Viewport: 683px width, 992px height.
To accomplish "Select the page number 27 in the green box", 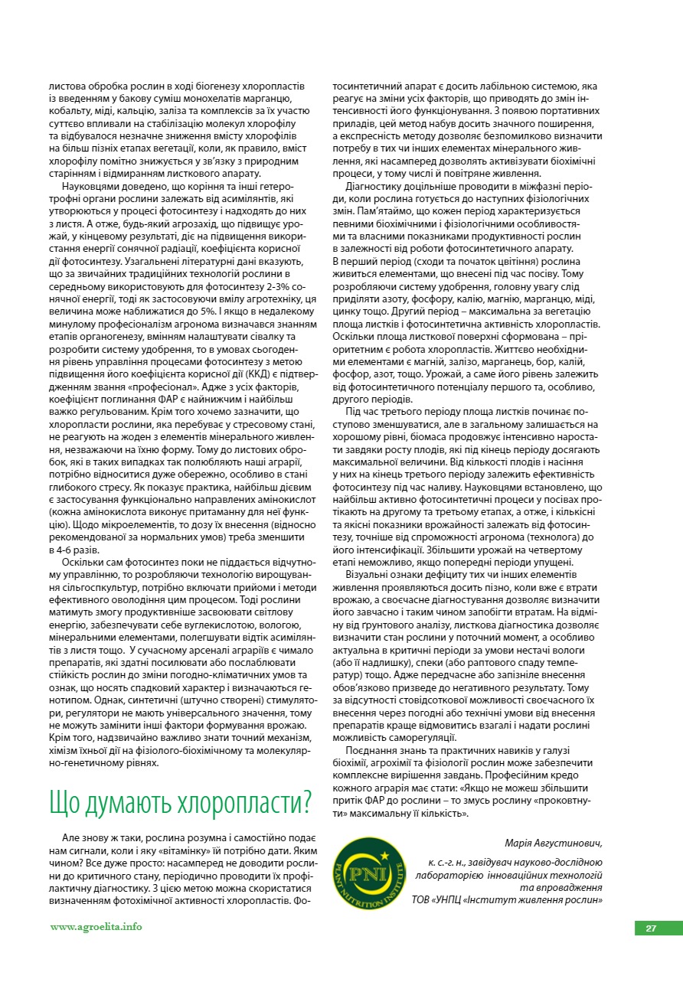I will point(651,928).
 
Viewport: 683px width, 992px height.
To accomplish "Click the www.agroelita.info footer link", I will point(96,927).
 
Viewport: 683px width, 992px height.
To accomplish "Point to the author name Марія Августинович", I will point(554,844).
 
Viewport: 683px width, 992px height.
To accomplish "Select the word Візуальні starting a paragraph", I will point(371,573).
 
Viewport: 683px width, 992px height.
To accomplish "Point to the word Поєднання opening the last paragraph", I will point(372,750).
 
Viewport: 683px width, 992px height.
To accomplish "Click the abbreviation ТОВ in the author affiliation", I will point(422,899).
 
